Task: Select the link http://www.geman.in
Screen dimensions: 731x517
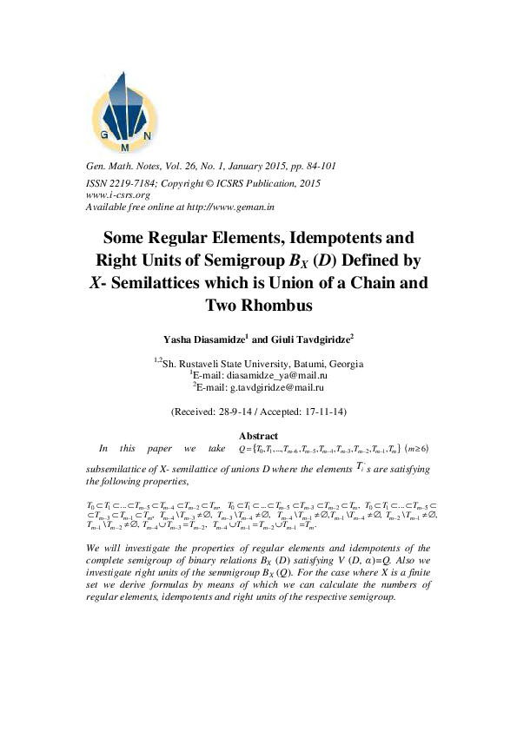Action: coord(238,208)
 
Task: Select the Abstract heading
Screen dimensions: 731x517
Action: coord(258,436)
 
